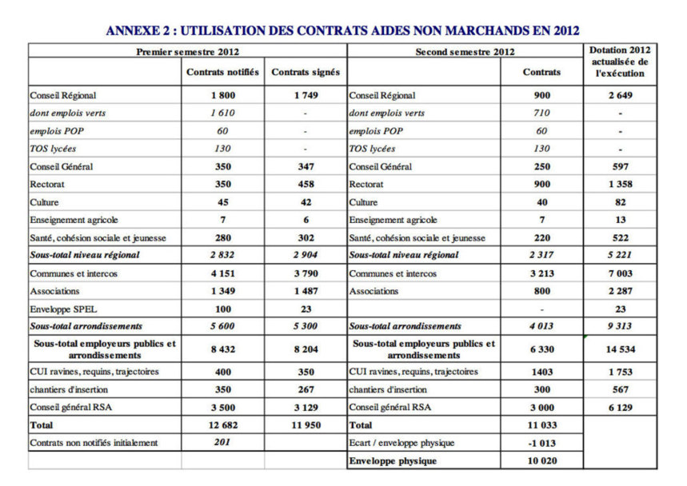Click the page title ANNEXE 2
(x=342, y=30)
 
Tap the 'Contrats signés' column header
(x=306, y=72)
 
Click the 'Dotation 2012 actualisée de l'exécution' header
(x=620, y=62)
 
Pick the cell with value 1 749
(x=306, y=95)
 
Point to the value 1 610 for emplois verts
(x=222, y=114)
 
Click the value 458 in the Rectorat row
(x=306, y=185)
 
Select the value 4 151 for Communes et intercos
(x=222, y=273)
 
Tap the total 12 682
(x=222, y=425)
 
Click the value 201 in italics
(x=222, y=443)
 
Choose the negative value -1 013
(x=541, y=443)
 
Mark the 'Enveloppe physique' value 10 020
(x=541, y=461)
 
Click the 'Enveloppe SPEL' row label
(x=64, y=309)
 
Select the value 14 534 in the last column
(x=620, y=349)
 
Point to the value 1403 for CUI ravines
(x=541, y=372)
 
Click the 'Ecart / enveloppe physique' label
(x=401, y=443)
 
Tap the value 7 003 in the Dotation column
(x=620, y=273)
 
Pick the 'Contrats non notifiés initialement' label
(x=94, y=443)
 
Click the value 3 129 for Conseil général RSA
(x=306, y=407)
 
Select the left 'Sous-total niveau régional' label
(x=85, y=255)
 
